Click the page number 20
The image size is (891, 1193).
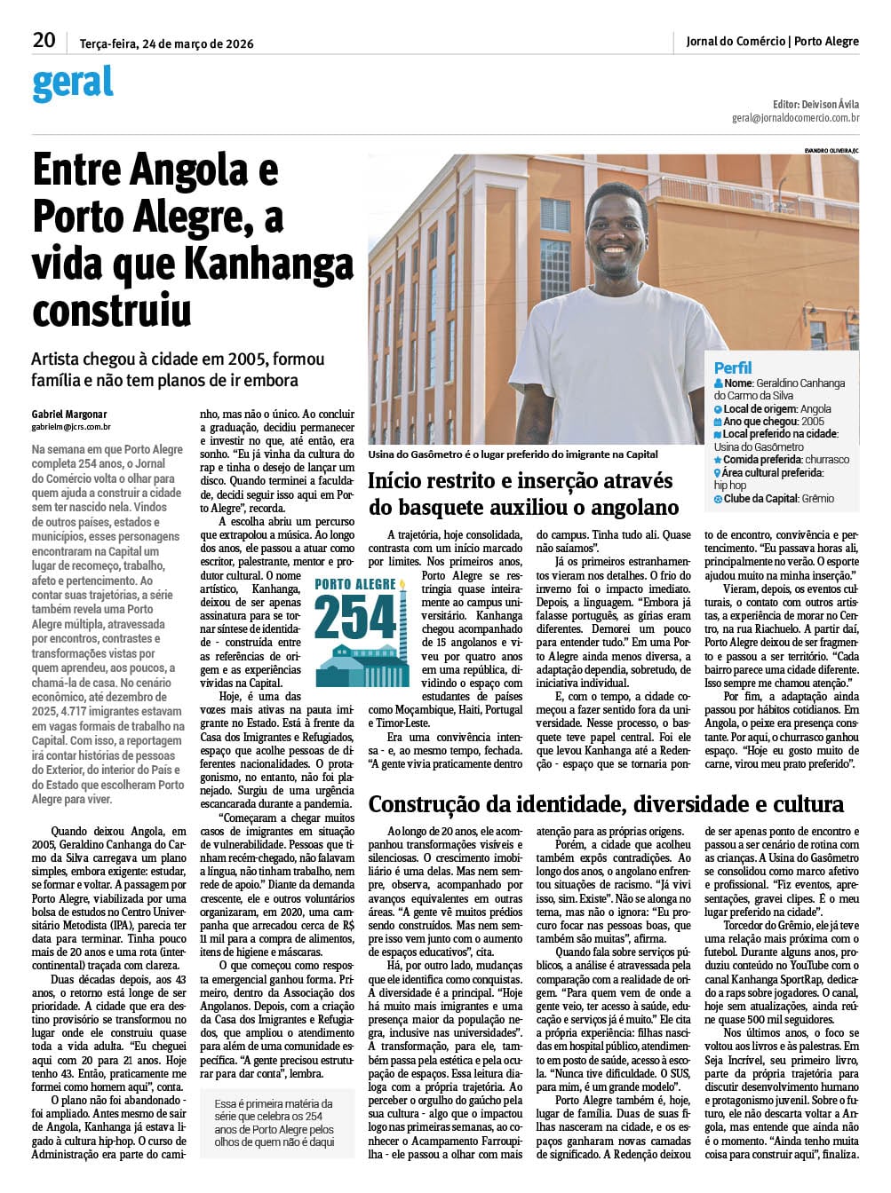(x=44, y=40)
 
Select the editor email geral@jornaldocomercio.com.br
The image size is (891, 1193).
(x=795, y=117)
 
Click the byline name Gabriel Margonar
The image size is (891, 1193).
(x=69, y=414)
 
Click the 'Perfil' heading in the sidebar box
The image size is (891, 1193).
(x=733, y=367)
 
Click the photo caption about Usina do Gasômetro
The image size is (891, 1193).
(x=513, y=454)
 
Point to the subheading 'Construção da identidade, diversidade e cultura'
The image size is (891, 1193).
(x=606, y=804)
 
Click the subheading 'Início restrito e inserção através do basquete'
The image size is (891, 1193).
(x=523, y=494)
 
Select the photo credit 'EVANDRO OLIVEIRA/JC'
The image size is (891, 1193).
(x=831, y=150)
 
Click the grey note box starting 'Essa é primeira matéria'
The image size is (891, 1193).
(x=275, y=1122)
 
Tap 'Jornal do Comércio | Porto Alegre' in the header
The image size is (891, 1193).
(x=772, y=41)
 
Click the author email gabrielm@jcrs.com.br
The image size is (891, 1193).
(x=71, y=427)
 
